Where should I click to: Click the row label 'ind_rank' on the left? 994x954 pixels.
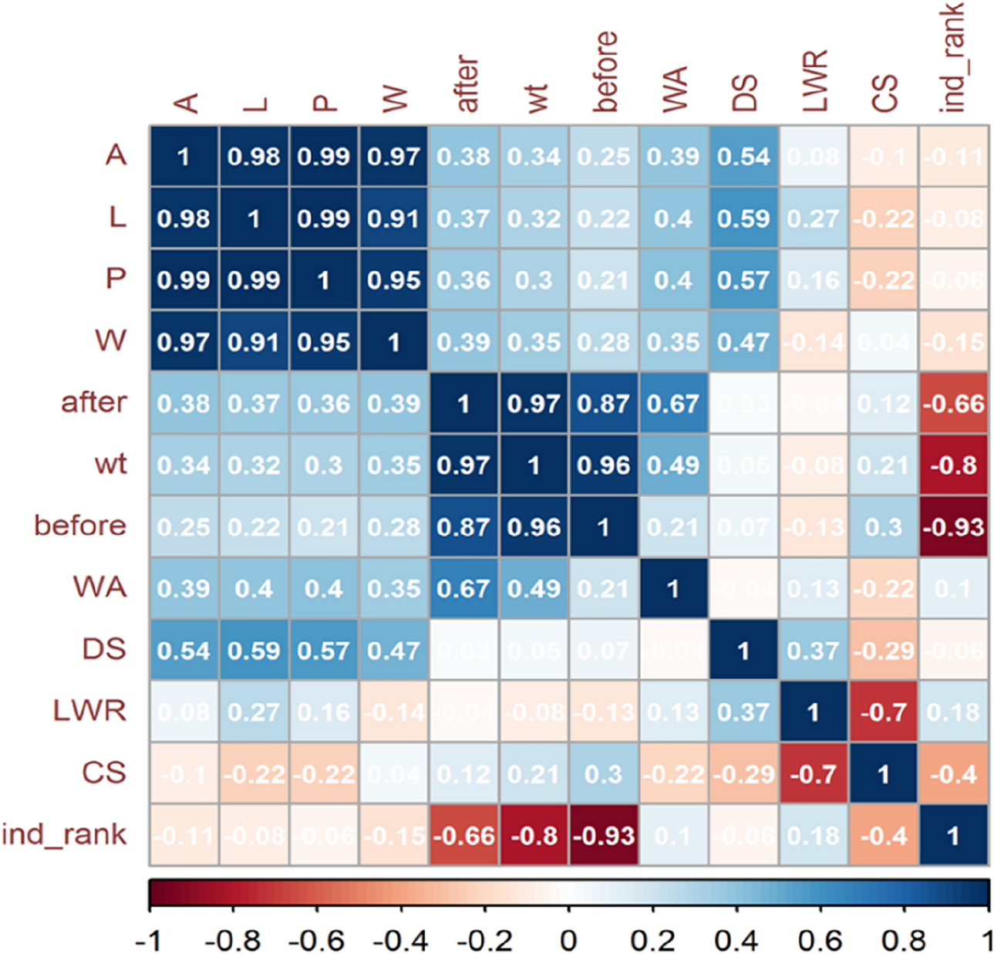point(64,834)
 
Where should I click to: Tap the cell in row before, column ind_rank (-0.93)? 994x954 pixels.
point(954,526)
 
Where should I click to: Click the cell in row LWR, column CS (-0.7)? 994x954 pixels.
point(884,712)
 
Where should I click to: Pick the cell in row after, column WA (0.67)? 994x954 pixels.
point(673,403)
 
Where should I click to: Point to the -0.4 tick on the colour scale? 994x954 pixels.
point(401,940)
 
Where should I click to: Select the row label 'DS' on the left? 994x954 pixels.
point(104,649)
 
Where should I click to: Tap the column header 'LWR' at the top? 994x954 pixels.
point(814,80)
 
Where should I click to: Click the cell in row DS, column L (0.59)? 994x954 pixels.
point(254,650)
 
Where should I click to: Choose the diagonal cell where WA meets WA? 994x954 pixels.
point(673,588)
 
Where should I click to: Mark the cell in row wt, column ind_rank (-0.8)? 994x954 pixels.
point(954,465)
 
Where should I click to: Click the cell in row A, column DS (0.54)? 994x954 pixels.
point(743,156)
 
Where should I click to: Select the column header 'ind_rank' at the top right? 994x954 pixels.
point(953,57)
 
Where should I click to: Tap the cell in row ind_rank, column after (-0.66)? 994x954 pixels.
point(463,835)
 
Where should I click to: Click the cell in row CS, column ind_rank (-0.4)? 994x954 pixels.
point(954,773)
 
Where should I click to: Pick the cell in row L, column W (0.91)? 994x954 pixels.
point(393,218)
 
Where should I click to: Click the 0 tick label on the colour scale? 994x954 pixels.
point(568,940)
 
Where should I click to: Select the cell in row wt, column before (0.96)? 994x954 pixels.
point(604,465)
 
